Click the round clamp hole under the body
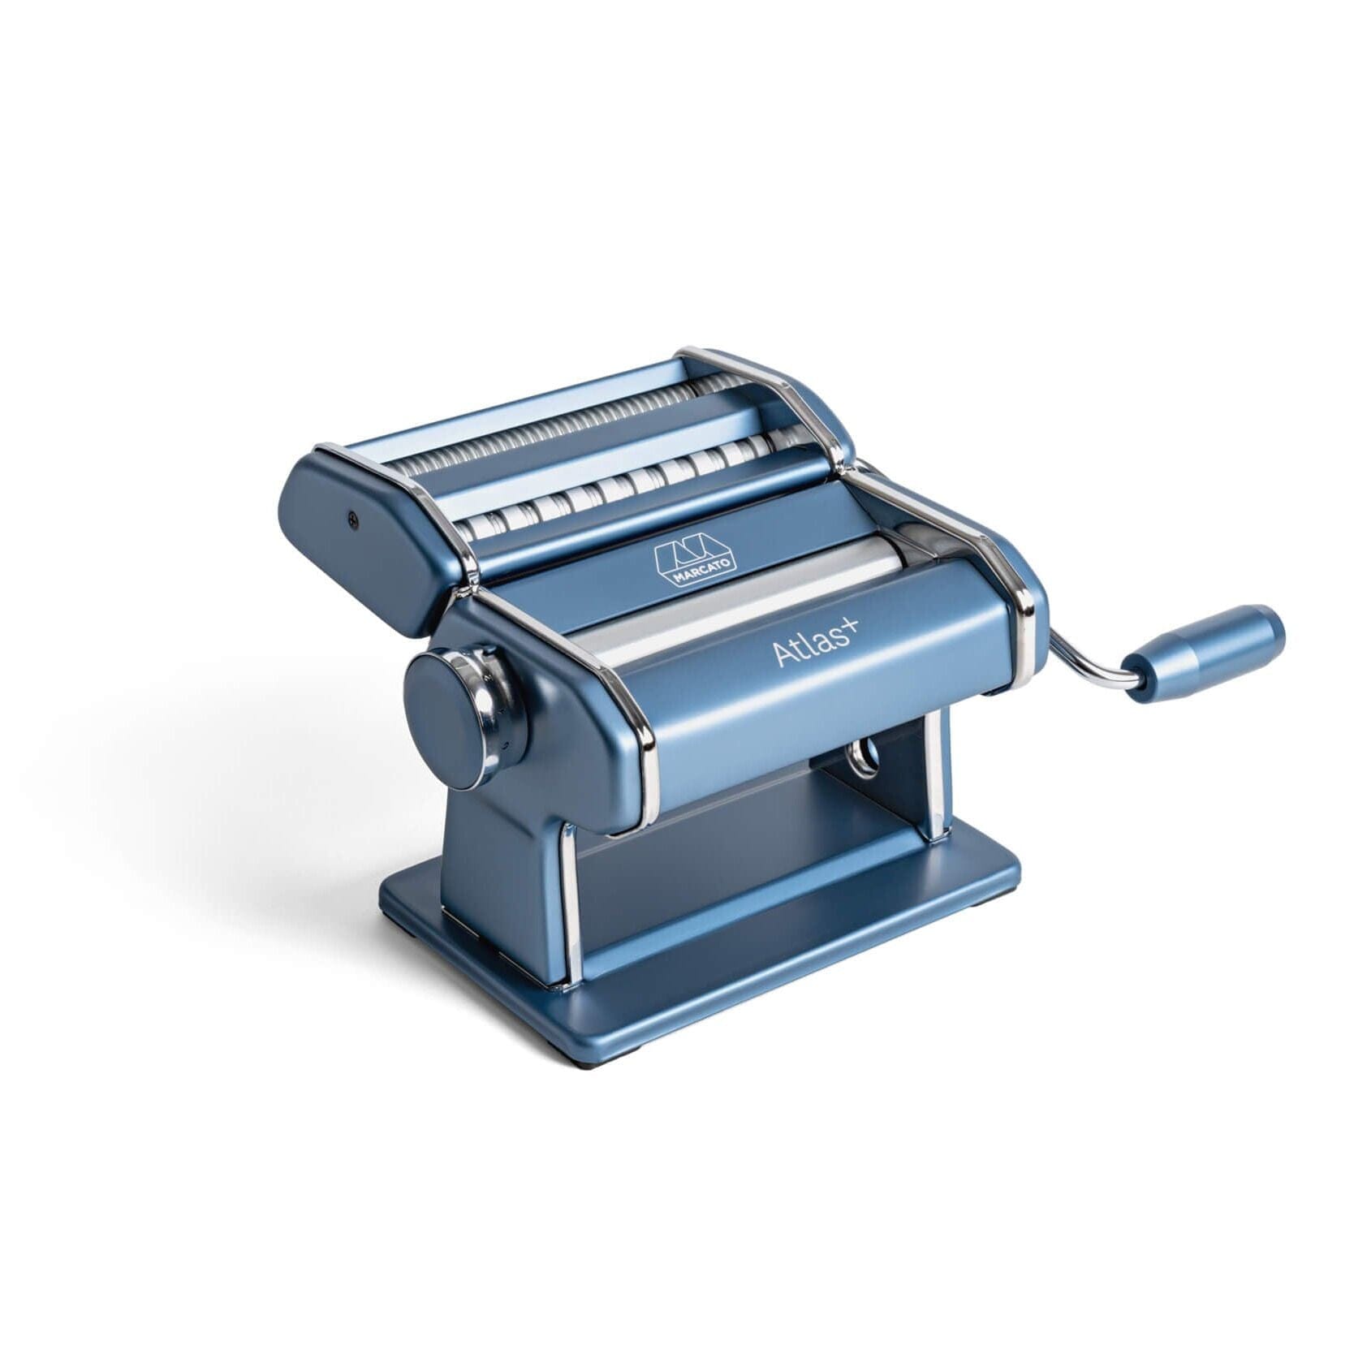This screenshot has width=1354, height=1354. click(x=863, y=758)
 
